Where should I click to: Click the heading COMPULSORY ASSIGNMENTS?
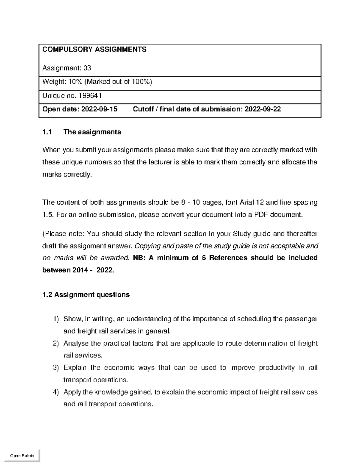pos(94,50)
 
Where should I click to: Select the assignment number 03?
pos(87,68)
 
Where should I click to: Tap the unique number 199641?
pos(90,95)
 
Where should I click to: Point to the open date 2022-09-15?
pos(99,109)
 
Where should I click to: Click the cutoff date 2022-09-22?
pos(263,109)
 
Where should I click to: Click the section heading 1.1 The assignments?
pos(82,132)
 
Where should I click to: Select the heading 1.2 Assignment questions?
pos(86,295)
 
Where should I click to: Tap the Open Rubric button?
pos(22,455)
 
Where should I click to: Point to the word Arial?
pos(246,203)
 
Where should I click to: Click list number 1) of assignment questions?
pos(56,319)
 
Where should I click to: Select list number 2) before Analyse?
pos(56,343)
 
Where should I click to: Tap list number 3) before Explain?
pos(56,368)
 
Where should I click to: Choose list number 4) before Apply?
pos(56,392)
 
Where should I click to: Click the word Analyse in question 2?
pos(76,343)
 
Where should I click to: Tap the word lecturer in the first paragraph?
pos(160,162)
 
